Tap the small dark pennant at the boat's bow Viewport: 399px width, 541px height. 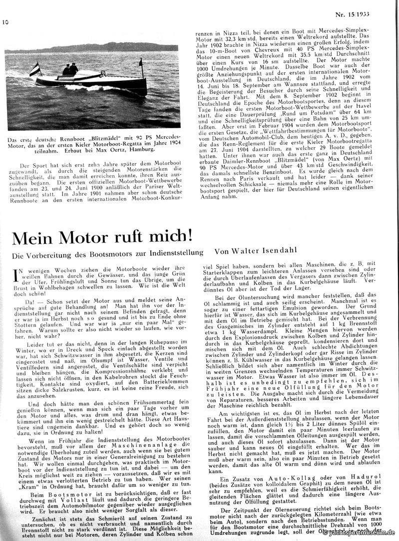pos(141,63)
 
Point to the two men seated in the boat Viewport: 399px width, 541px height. pos(70,69)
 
